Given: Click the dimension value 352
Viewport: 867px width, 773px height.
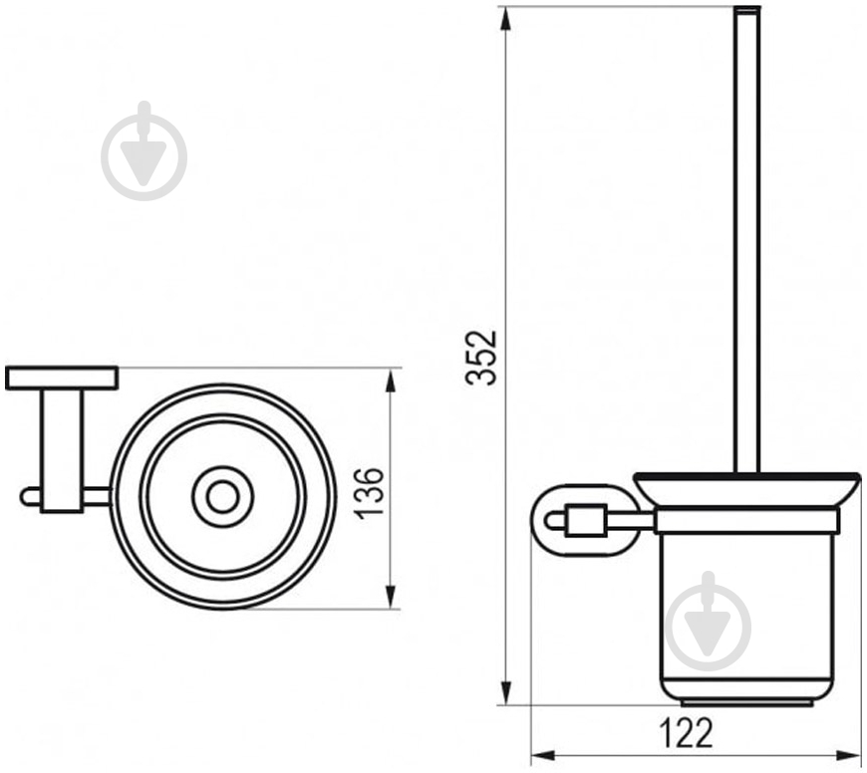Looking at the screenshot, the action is [482, 358].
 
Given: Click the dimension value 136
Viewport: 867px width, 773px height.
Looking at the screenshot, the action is [369, 493].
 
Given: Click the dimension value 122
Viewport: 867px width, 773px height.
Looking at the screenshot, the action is [687, 733].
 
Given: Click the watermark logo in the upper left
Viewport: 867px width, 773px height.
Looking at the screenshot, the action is [144, 151].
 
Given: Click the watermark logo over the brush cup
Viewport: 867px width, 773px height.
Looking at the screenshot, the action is [709, 622].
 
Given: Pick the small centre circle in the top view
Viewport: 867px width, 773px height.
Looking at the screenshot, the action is [222, 496].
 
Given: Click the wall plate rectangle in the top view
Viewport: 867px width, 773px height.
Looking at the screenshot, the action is [62, 378].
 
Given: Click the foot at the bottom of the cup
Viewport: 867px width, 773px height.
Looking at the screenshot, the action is [747, 702].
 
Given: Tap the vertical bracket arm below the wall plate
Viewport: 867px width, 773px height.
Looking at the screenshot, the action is [62, 451].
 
